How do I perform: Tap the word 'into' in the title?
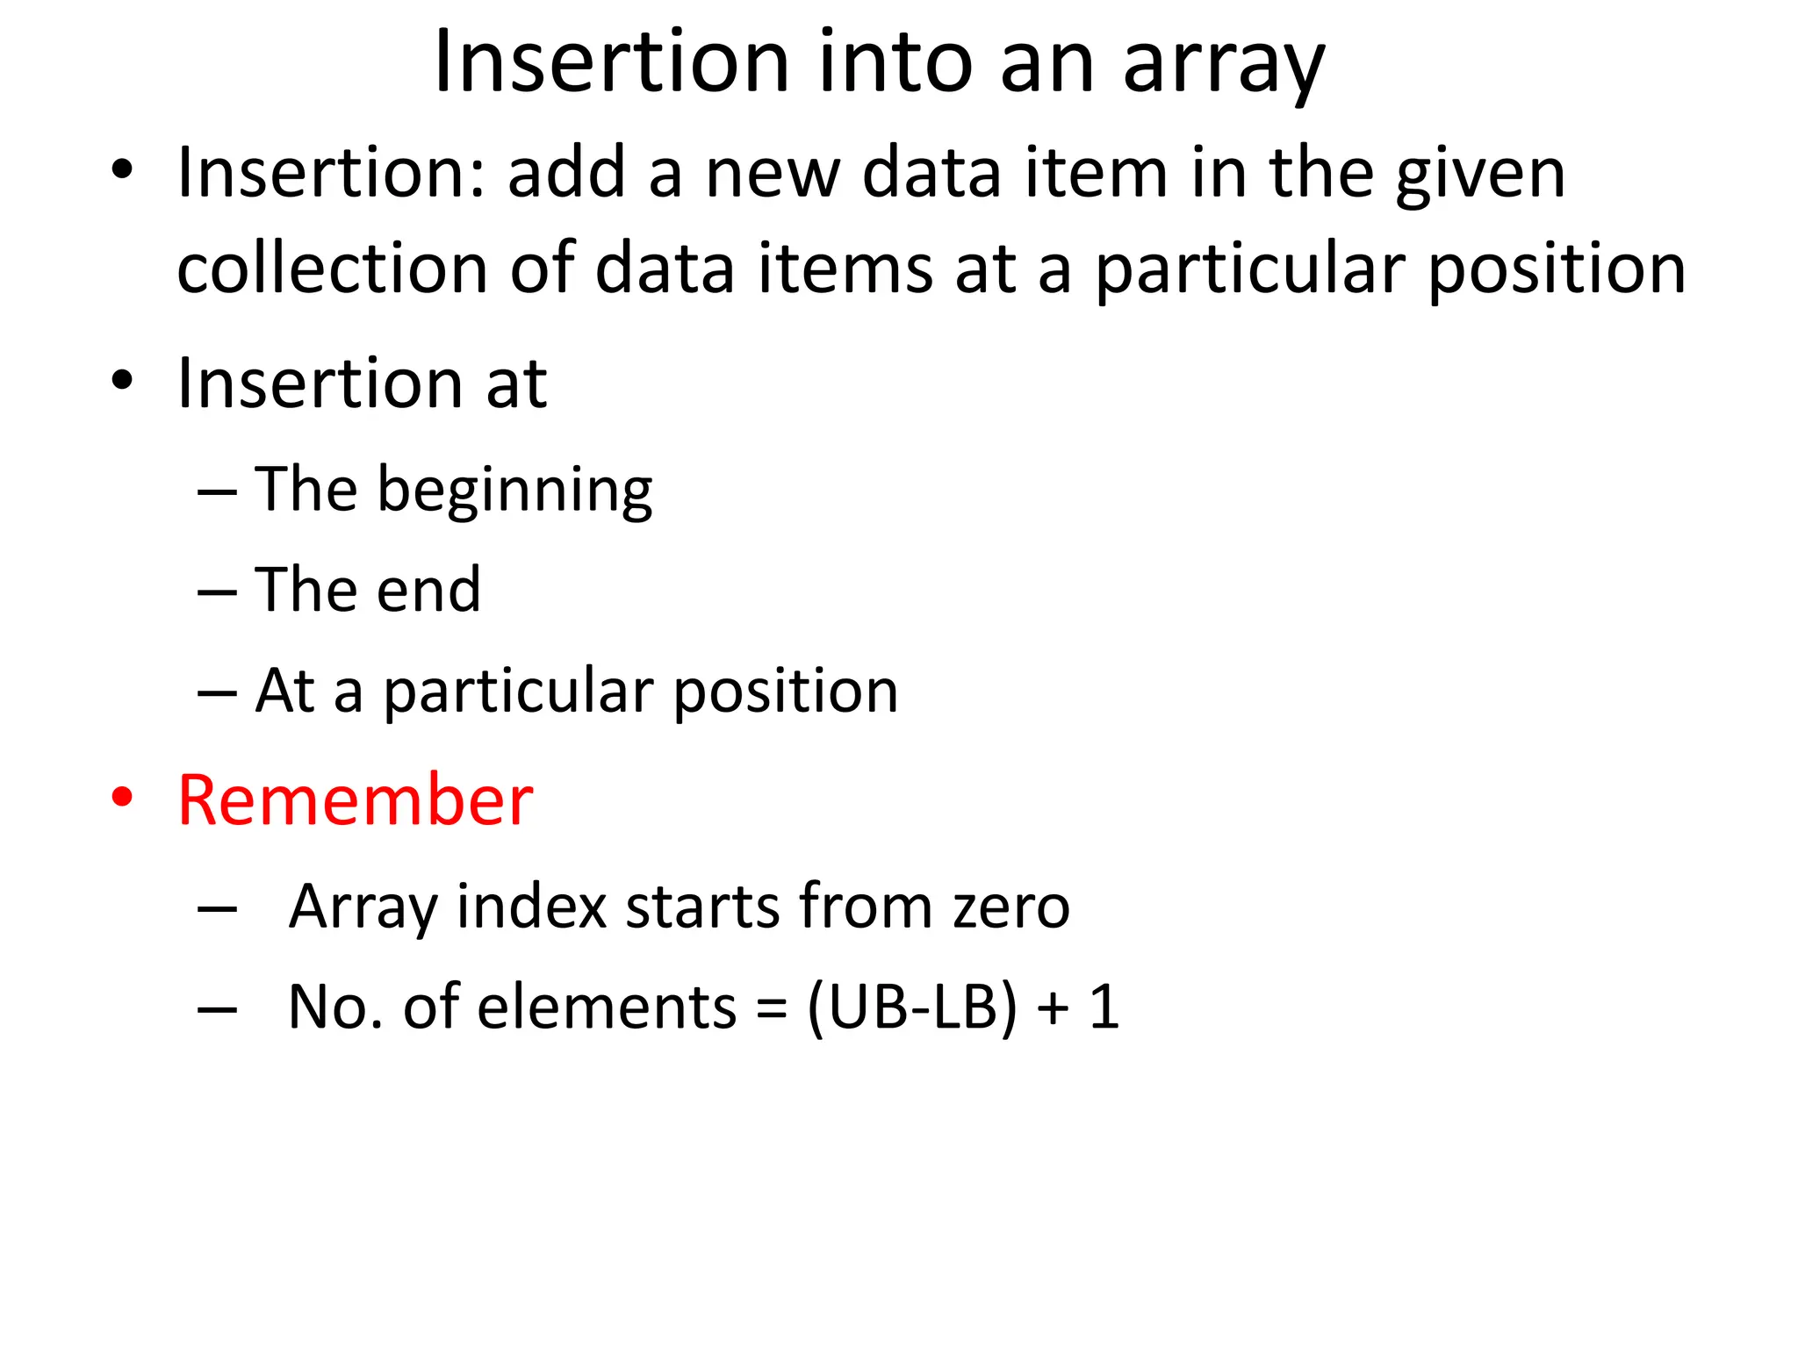pyautogui.click(x=895, y=63)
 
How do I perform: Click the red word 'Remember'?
pyautogui.click(x=355, y=800)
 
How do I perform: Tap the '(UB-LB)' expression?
pyautogui.click(x=911, y=1007)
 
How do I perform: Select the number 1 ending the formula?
pyautogui.click(x=1104, y=1007)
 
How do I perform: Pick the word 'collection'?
pyautogui.click(x=332, y=269)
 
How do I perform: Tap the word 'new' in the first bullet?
pyautogui.click(x=773, y=174)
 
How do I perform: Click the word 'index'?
pyautogui.click(x=532, y=907)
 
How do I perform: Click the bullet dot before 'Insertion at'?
pyautogui.click(x=122, y=381)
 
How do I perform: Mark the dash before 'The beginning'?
pyautogui.click(x=217, y=492)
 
